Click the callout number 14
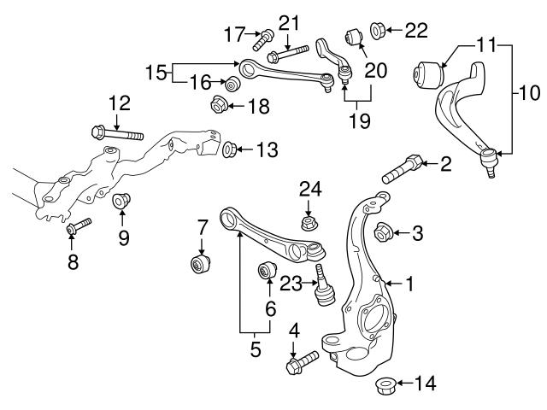click(425, 384)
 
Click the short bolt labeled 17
click(262, 36)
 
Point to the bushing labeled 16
click(230, 84)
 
